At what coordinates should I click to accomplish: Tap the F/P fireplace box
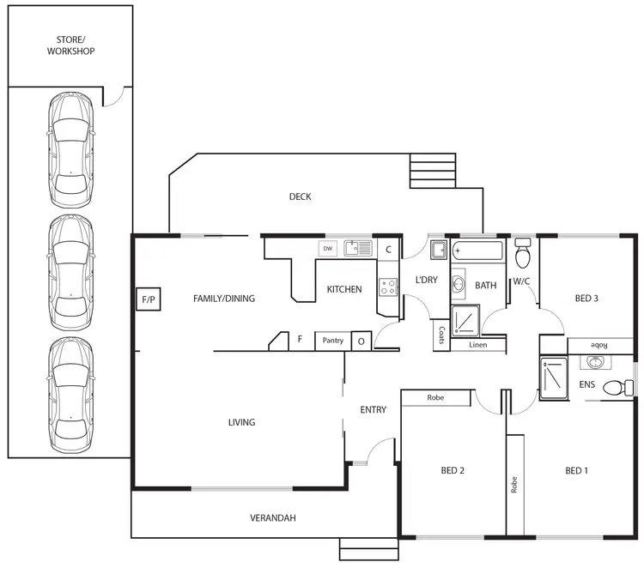click(147, 299)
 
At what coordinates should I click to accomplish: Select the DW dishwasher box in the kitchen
click(326, 249)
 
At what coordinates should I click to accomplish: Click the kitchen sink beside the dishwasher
click(357, 249)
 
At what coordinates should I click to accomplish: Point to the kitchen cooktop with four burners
click(388, 286)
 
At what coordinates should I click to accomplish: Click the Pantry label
click(332, 341)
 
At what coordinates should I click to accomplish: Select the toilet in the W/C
click(523, 255)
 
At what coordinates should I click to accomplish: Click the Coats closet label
click(441, 333)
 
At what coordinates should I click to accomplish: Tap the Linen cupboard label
click(479, 345)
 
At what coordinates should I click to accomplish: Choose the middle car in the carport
click(70, 272)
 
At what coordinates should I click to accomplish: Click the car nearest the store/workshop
click(70, 150)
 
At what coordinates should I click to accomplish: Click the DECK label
click(300, 196)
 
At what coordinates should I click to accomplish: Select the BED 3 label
click(586, 299)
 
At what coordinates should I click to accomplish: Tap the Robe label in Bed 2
click(435, 398)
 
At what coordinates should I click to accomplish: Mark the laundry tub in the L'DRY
click(437, 251)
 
